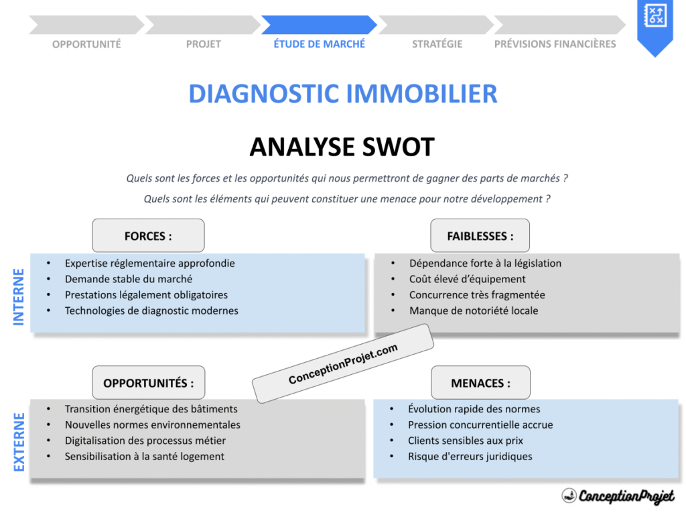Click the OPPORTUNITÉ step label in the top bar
point(86,44)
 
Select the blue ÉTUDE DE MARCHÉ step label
point(319,44)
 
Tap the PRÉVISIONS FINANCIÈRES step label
point(555,44)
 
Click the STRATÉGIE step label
point(437,44)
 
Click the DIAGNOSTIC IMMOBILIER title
point(342,94)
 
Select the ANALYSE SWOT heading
point(342,147)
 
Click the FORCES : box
point(148,236)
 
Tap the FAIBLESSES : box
point(480,236)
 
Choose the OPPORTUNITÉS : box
point(148,383)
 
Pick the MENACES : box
point(480,383)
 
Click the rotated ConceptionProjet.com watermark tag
point(343,364)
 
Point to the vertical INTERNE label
point(19,297)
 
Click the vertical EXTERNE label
point(19,442)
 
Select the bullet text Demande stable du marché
point(128,279)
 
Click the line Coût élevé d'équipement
point(467,279)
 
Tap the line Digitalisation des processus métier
point(145,441)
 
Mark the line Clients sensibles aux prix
point(465,441)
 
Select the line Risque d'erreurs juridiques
point(470,456)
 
